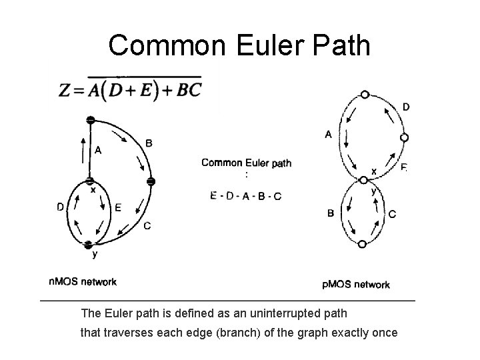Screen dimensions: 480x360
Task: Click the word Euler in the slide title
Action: pyautogui.click(x=270, y=45)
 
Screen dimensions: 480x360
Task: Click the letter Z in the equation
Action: pyautogui.click(x=65, y=90)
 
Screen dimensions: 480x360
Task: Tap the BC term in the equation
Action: pyautogui.click(x=189, y=90)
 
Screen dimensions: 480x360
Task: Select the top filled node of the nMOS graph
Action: pyautogui.click(x=90, y=120)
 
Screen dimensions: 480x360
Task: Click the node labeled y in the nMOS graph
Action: pyautogui.click(x=88, y=245)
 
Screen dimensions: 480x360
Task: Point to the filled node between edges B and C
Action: pyautogui.click(x=151, y=181)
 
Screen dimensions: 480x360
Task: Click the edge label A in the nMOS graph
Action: pyautogui.click(x=98, y=150)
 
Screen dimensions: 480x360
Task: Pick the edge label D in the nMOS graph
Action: pyautogui.click(x=60, y=207)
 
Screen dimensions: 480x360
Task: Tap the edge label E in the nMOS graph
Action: pyautogui.click(x=118, y=208)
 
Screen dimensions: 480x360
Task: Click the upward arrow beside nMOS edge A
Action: pyautogui.click(x=83, y=150)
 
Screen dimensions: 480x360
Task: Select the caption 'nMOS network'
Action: pyautogui.click(x=83, y=281)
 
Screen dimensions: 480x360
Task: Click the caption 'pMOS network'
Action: pyautogui.click(x=356, y=285)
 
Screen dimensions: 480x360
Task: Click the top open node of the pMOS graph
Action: pyautogui.click(x=365, y=95)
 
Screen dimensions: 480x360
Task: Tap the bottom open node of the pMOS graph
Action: pyautogui.click(x=362, y=244)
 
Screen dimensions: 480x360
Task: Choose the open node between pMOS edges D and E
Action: pyautogui.click(x=405, y=138)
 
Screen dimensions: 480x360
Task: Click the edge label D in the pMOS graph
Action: pyautogui.click(x=406, y=107)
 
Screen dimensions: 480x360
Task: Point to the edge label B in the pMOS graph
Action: pyautogui.click(x=331, y=213)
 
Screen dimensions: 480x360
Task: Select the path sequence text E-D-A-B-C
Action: pyautogui.click(x=246, y=196)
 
